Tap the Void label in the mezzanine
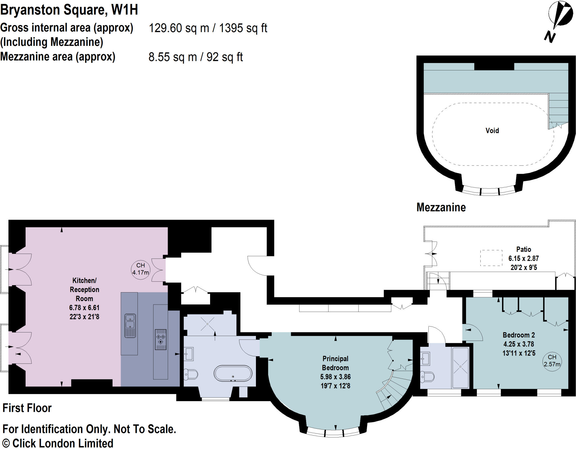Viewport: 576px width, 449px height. [x=492, y=131]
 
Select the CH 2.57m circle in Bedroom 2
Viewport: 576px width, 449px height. [x=552, y=361]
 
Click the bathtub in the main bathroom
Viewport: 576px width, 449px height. [x=233, y=374]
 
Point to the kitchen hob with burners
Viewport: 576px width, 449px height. [x=161, y=339]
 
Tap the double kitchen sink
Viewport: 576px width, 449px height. [x=130, y=325]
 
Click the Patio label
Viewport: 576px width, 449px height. [x=523, y=249]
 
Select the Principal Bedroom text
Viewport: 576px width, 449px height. [x=335, y=363]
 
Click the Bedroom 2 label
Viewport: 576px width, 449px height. [x=519, y=335]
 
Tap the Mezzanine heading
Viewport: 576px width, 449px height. [x=441, y=207]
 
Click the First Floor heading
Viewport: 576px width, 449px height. [x=27, y=408]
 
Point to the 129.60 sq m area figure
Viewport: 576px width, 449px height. [x=179, y=28]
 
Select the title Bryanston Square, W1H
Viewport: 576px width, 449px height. [x=69, y=10]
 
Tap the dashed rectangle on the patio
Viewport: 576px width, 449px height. [x=491, y=258]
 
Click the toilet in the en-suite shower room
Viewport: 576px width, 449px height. [x=427, y=376]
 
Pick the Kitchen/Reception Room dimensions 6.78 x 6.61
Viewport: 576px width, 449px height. [x=84, y=308]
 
